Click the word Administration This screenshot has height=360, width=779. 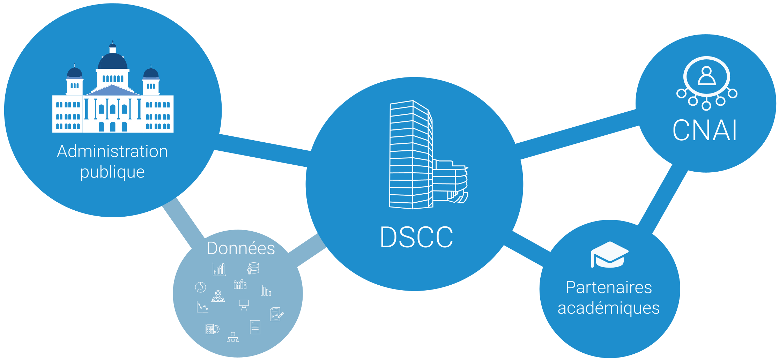pyautogui.click(x=112, y=152)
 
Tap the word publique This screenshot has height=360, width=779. pyautogui.click(x=112, y=172)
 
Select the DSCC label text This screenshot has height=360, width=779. pyautogui.click(x=416, y=238)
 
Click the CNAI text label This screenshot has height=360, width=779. pyautogui.click(x=705, y=130)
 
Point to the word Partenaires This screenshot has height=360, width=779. pyautogui.click(x=609, y=288)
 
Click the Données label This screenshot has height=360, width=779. pyautogui.click(x=241, y=249)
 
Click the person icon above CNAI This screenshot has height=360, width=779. pyautogui.click(x=706, y=76)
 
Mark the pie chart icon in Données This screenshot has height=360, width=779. pyautogui.click(x=200, y=287)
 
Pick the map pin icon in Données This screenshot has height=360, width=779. pyautogui.click(x=218, y=296)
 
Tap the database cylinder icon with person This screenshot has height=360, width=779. pyautogui.click(x=253, y=268)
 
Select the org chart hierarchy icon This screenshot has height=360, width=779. pyautogui.click(x=233, y=337)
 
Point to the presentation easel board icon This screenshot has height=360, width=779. pyautogui.click(x=244, y=305)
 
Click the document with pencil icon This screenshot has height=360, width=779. pyautogui.click(x=276, y=314)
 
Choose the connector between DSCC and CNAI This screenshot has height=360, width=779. pyautogui.click(x=578, y=135)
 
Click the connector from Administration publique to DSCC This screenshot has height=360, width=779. pyautogui.click(x=262, y=150)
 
